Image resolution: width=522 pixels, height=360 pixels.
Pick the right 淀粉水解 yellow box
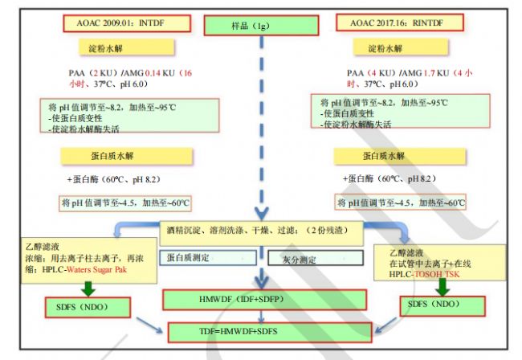point(385,49)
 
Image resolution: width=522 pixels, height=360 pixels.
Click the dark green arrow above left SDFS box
point(77,284)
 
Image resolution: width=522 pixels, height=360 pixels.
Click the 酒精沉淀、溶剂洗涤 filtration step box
point(260,229)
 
